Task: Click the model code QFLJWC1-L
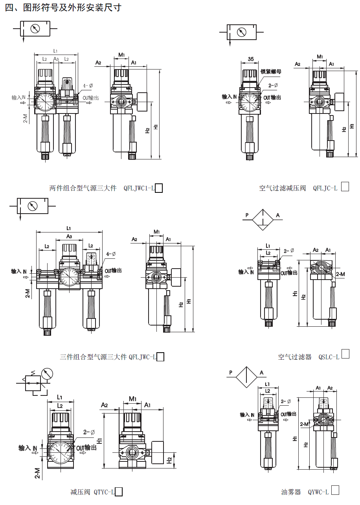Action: tap(138, 188)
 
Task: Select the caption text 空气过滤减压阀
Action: tap(282, 188)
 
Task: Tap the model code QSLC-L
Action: tap(328, 357)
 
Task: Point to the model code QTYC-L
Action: tap(104, 492)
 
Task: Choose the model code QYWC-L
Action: tap(318, 492)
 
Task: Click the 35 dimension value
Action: tap(251, 59)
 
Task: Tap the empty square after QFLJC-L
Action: tap(345, 187)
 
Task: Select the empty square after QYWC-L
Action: tap(335, 490)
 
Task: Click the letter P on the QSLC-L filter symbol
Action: tap(247, 215)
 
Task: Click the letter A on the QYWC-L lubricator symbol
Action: tap(261, 373)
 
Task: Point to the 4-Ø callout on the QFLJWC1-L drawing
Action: tap(88, 86)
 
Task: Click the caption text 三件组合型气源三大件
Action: tap(93, 357)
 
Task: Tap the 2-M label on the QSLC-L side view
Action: tap(340, 274)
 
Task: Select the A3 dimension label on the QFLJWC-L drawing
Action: tap(69, 236)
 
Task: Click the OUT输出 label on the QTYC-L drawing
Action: tap(86, 448)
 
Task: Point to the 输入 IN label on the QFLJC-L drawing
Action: tap(229, 97)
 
